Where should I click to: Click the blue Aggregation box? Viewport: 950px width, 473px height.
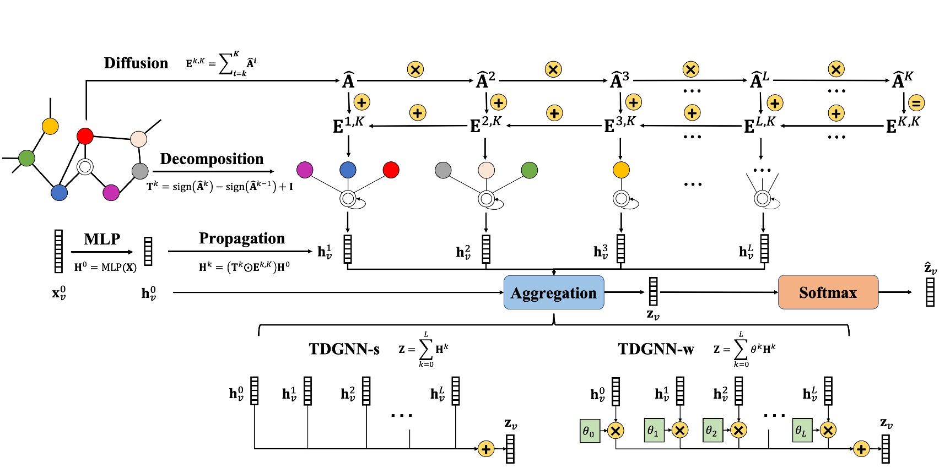click(x=554, y=292)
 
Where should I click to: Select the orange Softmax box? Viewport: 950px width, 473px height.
click(x=828, y=292)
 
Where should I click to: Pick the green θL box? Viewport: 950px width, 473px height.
click(x=802, y=431)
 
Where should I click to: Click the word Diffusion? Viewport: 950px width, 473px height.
click(x=136, y=63)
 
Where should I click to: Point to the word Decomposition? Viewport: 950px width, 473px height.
click(x=212, y=159)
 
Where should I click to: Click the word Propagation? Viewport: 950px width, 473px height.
click(x=242, y=238)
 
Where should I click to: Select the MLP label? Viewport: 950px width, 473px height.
click(x=102, y=239)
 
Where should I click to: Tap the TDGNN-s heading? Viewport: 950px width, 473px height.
click(x=344, y=349)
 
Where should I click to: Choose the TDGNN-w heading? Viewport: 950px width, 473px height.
click(x=656, y=349)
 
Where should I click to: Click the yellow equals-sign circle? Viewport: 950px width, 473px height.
click(x=916, y=103)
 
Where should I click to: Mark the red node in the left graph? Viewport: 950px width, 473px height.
click(x=85, y=136)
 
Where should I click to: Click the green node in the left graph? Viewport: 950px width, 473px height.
click(x=26, y=158)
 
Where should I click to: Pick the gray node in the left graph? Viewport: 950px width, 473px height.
click(x=141, y=171)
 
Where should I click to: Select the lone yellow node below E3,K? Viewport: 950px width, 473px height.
click(x=621, y=170)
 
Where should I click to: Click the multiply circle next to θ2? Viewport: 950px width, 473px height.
click(x=738, y=431)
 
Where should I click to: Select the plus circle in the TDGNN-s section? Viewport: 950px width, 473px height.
click(x=485, y=449)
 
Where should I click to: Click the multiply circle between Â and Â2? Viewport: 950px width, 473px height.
click(x=415, y=69)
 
